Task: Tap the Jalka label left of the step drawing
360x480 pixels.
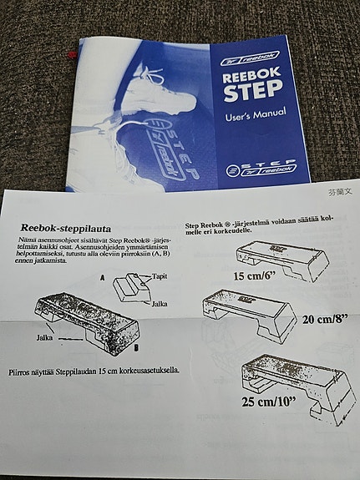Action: [47, 338]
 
